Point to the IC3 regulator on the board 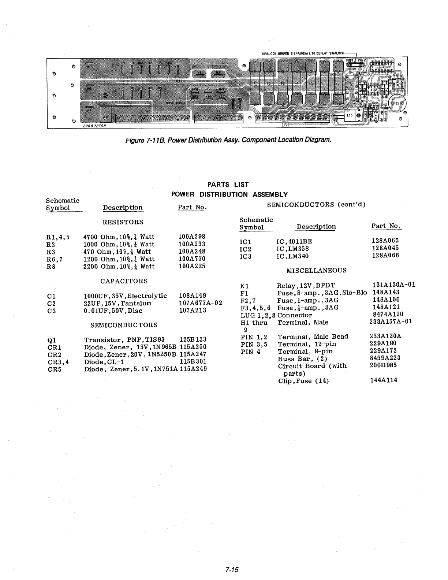[350, 115]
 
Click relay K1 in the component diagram [351, 83]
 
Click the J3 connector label [148, 110]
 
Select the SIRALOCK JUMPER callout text [303, 53]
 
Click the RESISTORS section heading [123, 222]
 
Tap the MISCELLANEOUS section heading [316, 271]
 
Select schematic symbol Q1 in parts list [52, 340]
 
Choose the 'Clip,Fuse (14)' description [303, 381]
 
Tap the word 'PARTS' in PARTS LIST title [218, 185]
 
